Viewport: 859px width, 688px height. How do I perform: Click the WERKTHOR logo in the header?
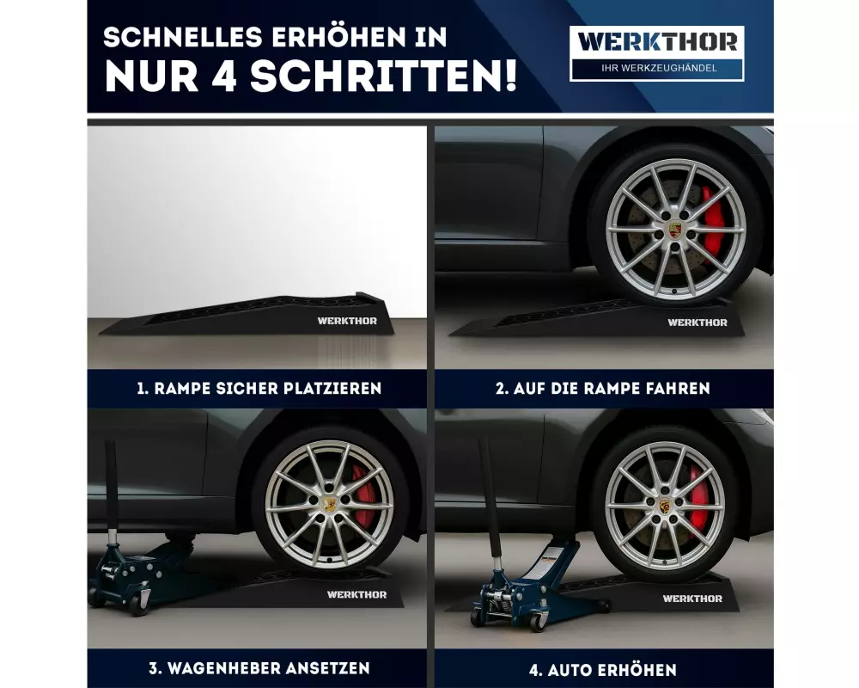[657, 42]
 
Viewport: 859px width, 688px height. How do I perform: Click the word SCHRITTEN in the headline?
[383, 76]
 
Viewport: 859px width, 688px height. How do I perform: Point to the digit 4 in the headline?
[224, 76]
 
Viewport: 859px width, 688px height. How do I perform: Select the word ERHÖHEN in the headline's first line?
[338, 37]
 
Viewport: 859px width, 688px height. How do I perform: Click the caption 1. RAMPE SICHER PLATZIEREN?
[259, 389]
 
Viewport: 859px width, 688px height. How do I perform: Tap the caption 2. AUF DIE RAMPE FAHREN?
[603, 389]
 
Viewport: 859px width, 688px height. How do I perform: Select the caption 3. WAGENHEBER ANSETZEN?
[259, 668]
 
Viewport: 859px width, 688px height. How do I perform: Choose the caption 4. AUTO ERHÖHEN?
[603, 670]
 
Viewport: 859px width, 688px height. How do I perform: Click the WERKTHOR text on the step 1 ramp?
[347, 321]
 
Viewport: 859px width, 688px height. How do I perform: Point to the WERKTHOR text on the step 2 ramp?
[698, 322]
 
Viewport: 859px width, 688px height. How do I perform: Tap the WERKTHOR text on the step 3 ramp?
[356, 595]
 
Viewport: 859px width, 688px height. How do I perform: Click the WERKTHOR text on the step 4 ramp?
[692, 599]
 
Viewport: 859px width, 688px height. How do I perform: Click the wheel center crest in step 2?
[675, 230]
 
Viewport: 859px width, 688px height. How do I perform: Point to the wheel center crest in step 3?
[329, 504]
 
